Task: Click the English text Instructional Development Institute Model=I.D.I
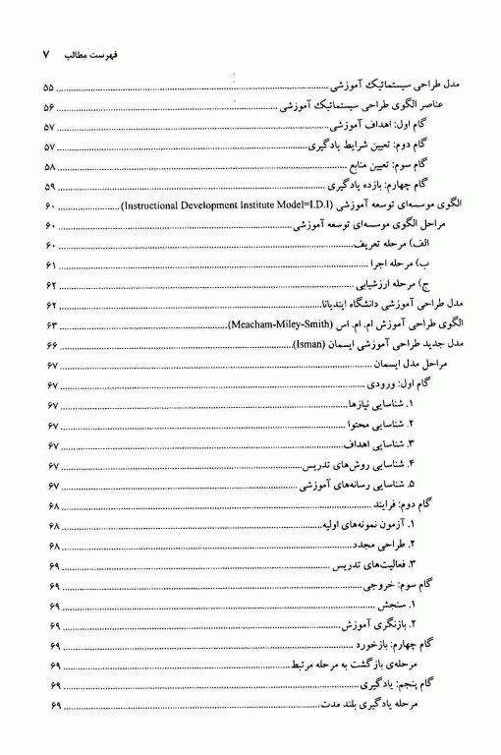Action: coord(241,205)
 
